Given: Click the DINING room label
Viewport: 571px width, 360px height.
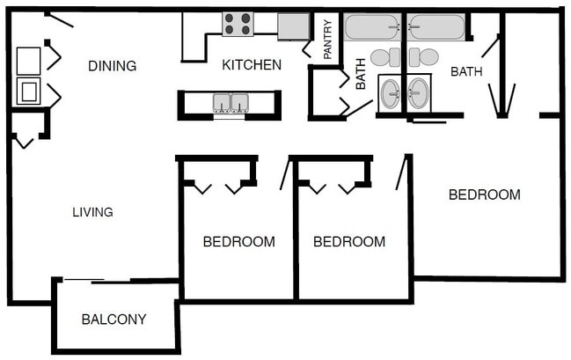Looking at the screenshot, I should pyautogui.click(x=112, y=66).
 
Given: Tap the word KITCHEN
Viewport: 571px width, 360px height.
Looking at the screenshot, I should pyautogui.click(x=252, y=65).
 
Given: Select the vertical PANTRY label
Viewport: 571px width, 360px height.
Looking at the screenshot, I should pyautogui.click(x=327, y=40).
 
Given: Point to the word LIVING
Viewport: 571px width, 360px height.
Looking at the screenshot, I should pyautogui.click(x=92, y=212).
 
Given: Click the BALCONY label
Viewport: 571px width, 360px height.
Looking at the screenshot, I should pyautogui.click(x=113, y=320).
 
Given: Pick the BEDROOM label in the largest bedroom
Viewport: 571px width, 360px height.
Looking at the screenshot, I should pyautogui.click(x=484, y=195).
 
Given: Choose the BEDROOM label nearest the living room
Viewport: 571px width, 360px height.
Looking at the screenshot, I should pyautogui.click(x=238, y=241).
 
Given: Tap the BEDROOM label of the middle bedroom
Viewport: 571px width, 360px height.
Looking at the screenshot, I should pyautogui.click(x=349, y=241).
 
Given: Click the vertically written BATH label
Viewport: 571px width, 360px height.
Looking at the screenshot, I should pyautogui.click(x=361, y=75).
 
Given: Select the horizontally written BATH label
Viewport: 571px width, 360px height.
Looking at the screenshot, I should pyautogui.click(x=466, y=71).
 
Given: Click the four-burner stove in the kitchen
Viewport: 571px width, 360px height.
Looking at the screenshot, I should pyautogui.click(x=238, y=24).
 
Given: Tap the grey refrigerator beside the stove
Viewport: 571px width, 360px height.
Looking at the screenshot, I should pyautogui.click(x=293, y=26).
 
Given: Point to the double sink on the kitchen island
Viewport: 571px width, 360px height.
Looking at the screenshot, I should pyautogui.click(x=231, y=103).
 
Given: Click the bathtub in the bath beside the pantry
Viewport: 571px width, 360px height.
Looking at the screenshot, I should pyautogui.click(x=372, y=27).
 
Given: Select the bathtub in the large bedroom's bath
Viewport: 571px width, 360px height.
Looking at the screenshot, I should pyautogui.click(x=436, y=27).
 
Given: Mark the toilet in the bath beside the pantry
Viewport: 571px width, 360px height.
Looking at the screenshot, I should pyautogui.click(x=384, y=58).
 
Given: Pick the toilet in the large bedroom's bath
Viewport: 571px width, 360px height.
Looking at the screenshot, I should pyautogui.click(x=424, y=58).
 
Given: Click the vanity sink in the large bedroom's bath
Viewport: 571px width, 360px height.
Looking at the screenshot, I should pyautogui.click(x=419, y=93).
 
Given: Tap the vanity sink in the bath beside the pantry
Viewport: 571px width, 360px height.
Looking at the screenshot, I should pyautogui.click(x=390, y=93).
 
